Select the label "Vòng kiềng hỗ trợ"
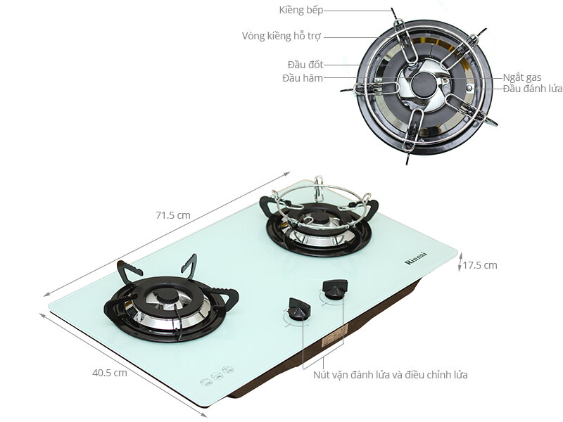tap(281, 36)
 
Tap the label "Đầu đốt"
tap(305, 65)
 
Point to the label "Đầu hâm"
tap(303, 78)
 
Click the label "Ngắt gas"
tap(521, 77)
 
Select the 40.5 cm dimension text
tap(109, 373)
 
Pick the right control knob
tap(334, 289)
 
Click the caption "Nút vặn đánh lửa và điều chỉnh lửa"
tap(391, 375)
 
